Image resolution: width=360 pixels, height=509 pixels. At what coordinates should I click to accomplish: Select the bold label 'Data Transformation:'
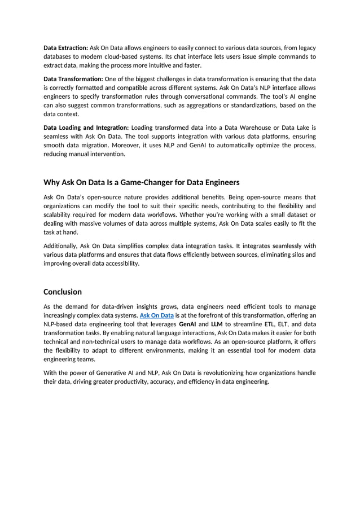(x=73, y=79)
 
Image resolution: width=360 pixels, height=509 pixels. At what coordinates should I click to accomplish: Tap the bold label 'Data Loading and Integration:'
(x=86, y=128)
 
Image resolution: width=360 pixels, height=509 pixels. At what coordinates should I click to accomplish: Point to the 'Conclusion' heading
(x=63, y=292)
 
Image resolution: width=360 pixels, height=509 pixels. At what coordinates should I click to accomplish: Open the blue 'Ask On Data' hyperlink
(x=156, y=315)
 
